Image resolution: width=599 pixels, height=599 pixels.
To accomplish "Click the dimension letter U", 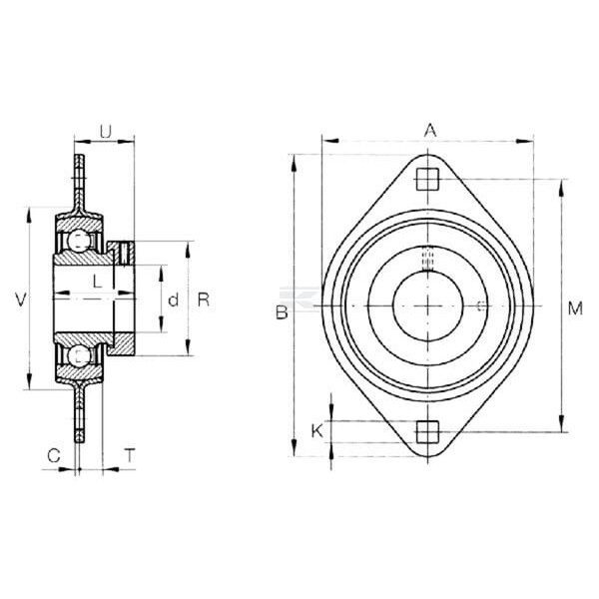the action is [106, 132].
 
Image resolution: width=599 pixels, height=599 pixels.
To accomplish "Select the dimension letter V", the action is [21, 299].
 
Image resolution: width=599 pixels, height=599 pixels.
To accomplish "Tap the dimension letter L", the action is [98, 282].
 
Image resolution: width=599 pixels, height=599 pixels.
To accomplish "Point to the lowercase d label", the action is [173, 300].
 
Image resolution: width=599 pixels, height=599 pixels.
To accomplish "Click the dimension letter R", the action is [204, 299].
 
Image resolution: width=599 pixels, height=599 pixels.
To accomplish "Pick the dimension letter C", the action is [54, 455].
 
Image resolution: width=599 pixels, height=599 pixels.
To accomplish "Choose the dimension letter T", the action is [130, 455].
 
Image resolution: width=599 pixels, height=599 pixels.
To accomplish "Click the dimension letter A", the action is [430, 130].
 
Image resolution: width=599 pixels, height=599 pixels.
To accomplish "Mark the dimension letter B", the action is [282, 312].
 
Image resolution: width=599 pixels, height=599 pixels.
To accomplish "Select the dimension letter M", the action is [575, 308].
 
